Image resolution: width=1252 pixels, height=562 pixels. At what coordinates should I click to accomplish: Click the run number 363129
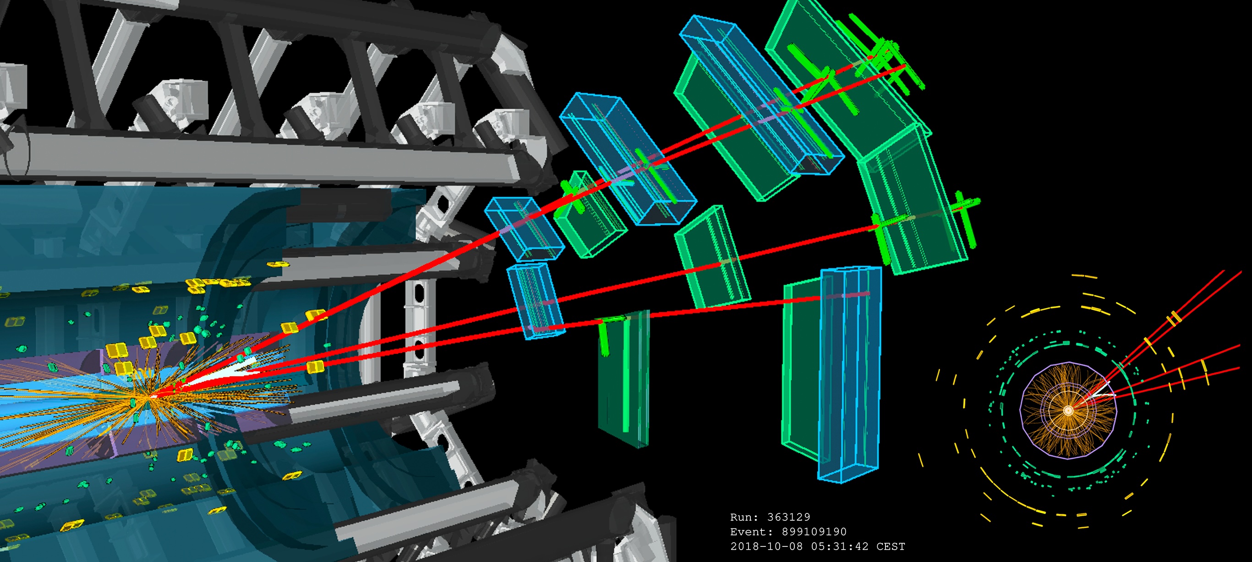pos(788,517)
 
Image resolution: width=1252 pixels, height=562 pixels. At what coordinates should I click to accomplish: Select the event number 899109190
pos(814,531)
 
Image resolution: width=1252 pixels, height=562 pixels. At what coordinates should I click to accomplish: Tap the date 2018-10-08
pos(766,546)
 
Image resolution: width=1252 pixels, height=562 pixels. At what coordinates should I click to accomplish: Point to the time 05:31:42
pos(839,546)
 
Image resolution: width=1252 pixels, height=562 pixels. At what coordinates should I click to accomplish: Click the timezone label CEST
pos(891,546)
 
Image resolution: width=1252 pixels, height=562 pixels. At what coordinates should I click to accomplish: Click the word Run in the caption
pos(741,517)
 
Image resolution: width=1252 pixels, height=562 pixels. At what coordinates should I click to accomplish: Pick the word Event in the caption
pos(749,531)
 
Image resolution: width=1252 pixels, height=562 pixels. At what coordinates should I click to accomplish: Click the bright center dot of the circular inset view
pos(1068,410)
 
